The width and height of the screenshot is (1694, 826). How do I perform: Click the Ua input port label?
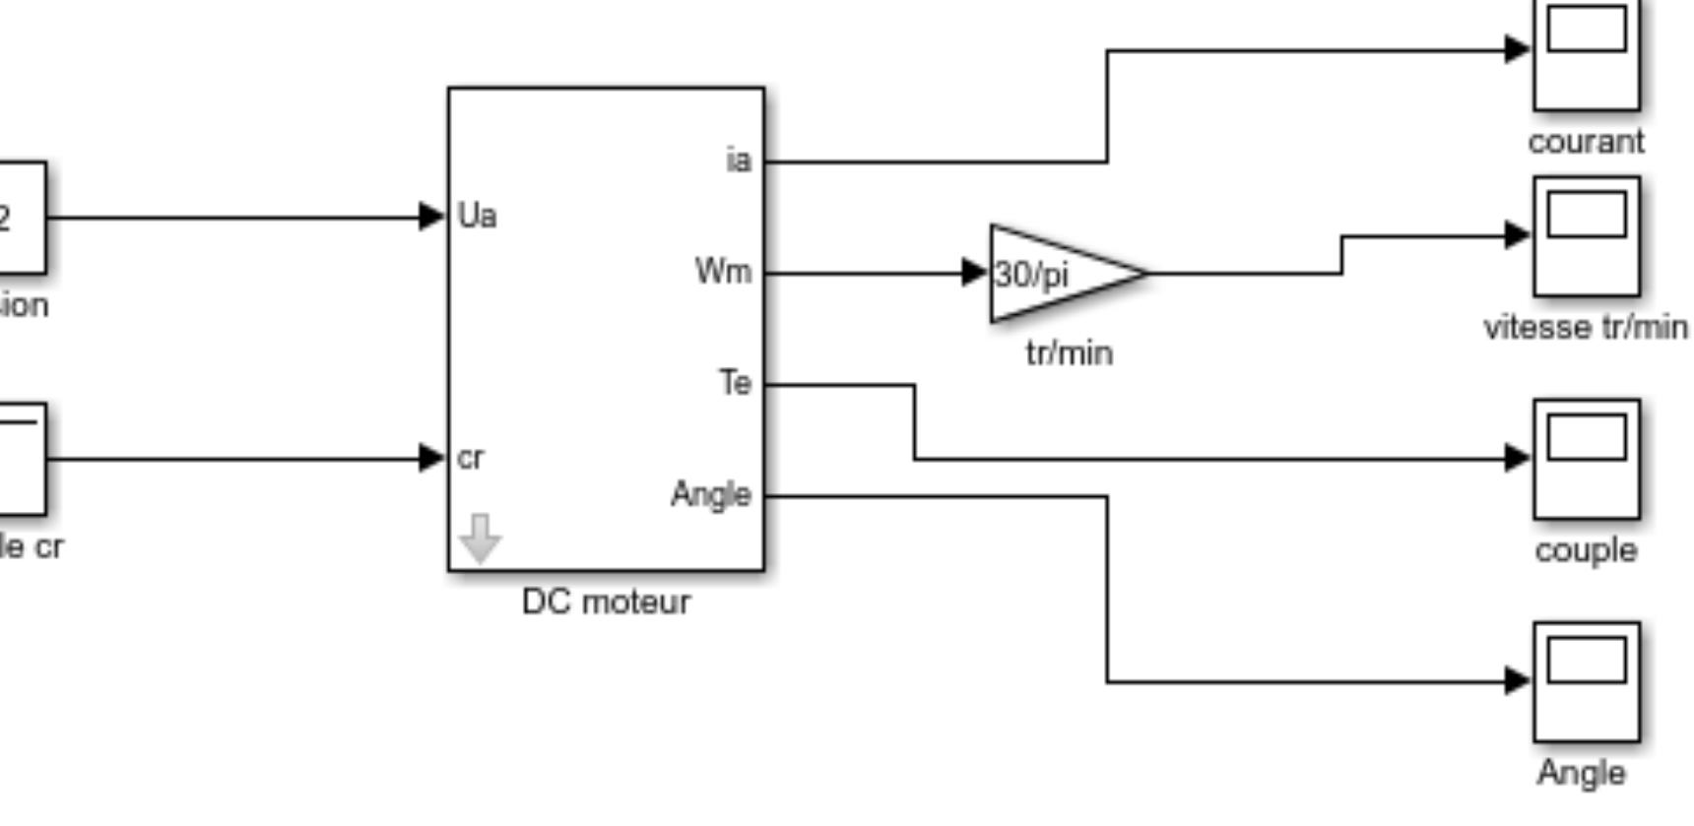[478, 216]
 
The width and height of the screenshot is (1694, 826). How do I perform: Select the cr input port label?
[471, 458]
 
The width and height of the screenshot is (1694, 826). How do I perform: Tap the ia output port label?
[739, 159]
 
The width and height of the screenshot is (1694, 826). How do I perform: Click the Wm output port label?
[724, 271]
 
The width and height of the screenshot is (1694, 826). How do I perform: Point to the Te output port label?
[736, 382]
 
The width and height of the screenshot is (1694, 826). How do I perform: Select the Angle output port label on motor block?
[711, 494]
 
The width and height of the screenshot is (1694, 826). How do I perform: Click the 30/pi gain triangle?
[1054, 274]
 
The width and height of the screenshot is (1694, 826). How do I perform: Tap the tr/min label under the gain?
[1070, 352]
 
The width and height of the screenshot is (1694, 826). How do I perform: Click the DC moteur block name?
[606, 602]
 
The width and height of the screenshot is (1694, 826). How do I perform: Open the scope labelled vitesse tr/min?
[1587, 236]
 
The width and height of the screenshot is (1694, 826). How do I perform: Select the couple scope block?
[1587, 459]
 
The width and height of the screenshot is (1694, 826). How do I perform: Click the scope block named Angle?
[1587, 681]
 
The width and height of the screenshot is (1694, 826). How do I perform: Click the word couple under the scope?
[1586, 549]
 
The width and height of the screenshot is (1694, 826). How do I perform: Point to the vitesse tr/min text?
[1586, 327]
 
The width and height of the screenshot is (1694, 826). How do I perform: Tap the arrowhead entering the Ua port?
[431, 216]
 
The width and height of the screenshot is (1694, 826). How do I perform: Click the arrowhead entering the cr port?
[431, 458]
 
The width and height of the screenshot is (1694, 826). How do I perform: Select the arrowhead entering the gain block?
[975, 272]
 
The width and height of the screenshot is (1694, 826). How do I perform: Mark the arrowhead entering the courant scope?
[1518, 48]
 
